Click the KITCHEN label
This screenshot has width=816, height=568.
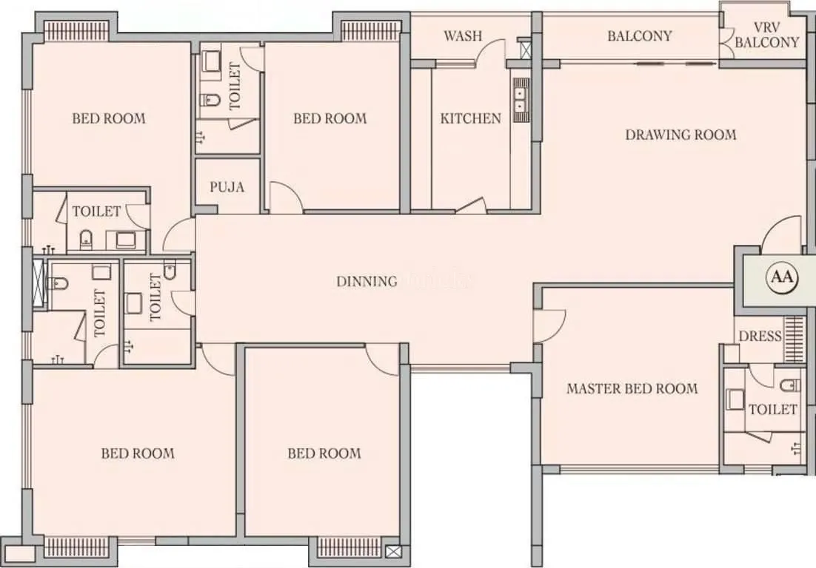[470, 118]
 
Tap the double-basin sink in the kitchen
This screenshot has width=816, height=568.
[521, 99]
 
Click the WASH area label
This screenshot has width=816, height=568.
[463, 36]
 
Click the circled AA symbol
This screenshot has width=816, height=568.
[783, 277]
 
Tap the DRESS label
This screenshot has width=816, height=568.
[760, 337]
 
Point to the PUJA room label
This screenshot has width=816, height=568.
[227, 186]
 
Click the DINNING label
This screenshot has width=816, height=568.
[367, 281]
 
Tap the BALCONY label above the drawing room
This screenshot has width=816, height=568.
[639, 36]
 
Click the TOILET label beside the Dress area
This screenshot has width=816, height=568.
[772, 409]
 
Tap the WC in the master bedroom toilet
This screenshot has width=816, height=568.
[789, 385]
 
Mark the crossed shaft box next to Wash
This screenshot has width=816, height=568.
[526, 50]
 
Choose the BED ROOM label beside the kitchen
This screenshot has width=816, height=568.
[330, 118]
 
